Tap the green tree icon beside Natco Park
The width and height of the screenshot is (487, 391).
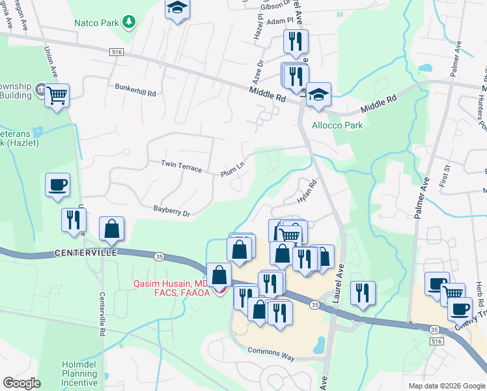pos(130,23)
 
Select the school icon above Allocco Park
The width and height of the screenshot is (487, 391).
pos(318,94)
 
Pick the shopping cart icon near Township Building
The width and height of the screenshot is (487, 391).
pos(57,96)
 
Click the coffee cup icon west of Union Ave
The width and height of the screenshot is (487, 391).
pos(57,184)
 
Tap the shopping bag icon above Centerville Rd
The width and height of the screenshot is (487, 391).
pos(111,228)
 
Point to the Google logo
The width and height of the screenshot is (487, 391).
pos(21,383)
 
